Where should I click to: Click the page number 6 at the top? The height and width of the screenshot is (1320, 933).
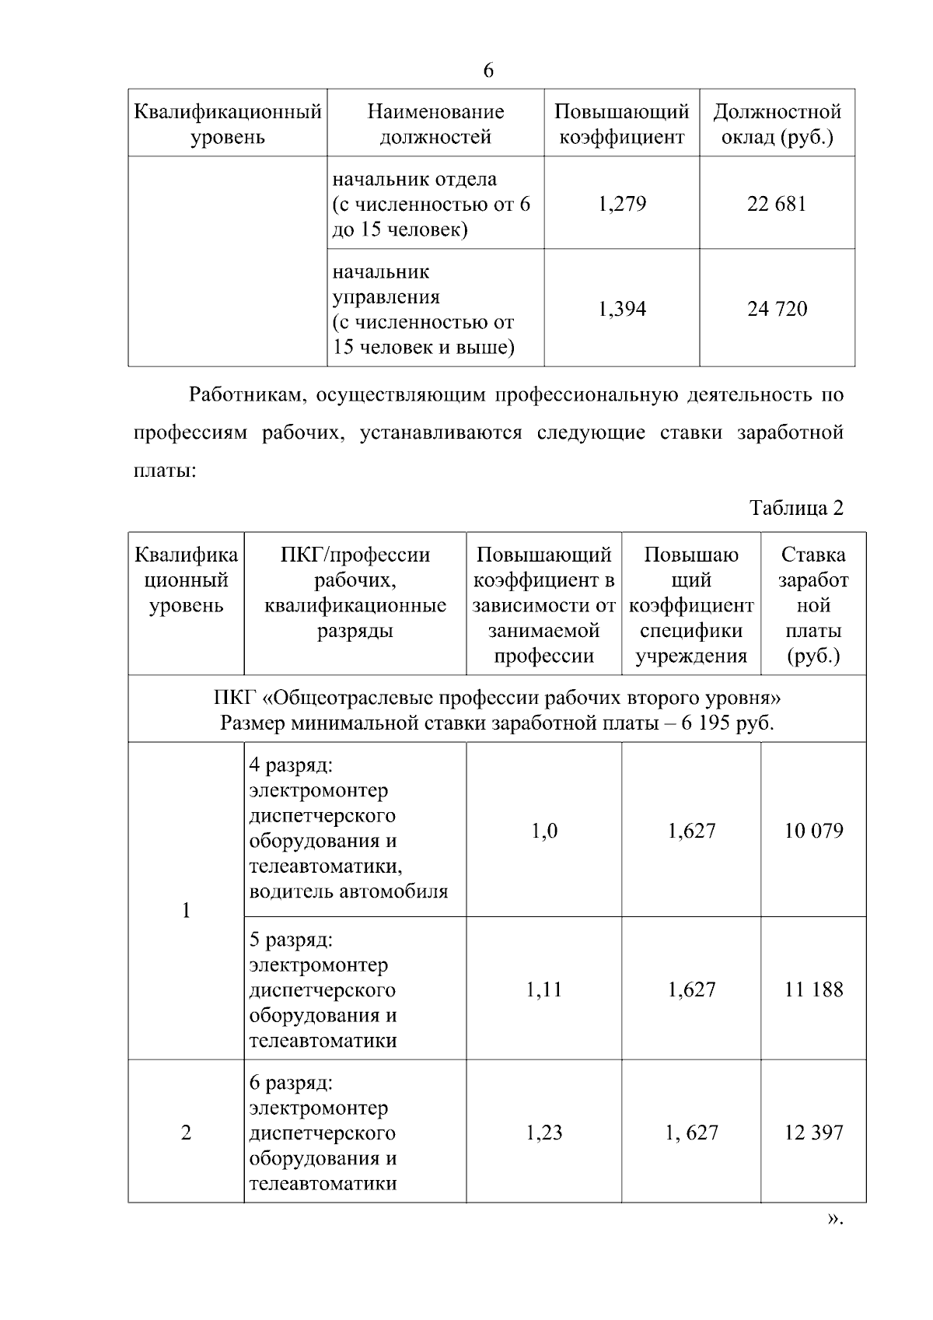488,71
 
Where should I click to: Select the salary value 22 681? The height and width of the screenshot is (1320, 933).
777,204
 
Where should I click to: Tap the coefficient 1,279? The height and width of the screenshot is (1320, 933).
622,204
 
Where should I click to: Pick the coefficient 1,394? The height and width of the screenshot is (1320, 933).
622,309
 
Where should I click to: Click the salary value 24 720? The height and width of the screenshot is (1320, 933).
777,309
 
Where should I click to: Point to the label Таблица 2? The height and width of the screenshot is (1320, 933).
796,508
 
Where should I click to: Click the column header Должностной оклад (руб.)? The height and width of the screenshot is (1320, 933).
777,124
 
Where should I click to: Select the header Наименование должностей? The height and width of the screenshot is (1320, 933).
435,124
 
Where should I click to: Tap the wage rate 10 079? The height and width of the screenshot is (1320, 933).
813,831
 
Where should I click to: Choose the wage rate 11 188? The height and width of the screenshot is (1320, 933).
813,989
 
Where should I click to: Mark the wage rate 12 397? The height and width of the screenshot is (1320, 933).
813,1133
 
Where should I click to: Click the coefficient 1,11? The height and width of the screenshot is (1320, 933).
543,989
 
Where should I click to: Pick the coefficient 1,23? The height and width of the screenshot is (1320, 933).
543,1133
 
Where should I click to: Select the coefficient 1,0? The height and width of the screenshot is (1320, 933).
543,831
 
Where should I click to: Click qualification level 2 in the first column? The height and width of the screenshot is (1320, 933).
186,1133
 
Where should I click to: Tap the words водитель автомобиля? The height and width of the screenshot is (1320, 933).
348,891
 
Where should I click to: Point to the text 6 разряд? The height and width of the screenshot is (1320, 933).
291,1083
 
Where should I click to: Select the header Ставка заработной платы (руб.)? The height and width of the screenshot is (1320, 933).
813,604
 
